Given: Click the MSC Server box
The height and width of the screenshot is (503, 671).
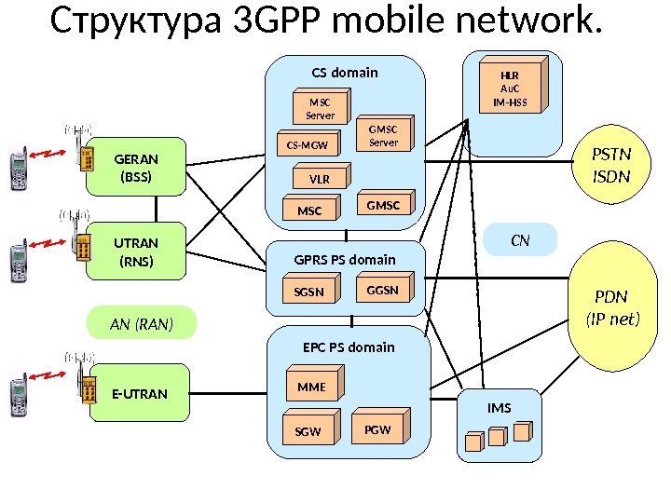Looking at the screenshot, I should click(320, 107).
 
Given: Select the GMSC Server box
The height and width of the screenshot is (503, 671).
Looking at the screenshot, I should click(383, 136).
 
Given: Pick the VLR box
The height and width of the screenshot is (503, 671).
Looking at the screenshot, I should click(319, 178).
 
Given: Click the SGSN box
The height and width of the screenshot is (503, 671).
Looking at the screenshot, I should click(309, 292).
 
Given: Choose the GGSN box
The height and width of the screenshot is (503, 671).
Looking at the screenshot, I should click(382, 291).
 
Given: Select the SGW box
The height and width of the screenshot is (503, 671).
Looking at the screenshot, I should click(308, 432).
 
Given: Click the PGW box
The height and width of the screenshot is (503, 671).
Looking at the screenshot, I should click(377, 430).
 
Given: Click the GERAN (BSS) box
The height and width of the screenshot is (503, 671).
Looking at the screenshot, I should click(135, 168).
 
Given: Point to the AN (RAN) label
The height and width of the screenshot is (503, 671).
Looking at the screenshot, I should click(142, 323).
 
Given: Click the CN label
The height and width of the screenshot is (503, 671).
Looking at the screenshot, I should click(521, 240).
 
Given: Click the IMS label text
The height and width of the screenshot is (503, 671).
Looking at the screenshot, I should click(500, 407).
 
